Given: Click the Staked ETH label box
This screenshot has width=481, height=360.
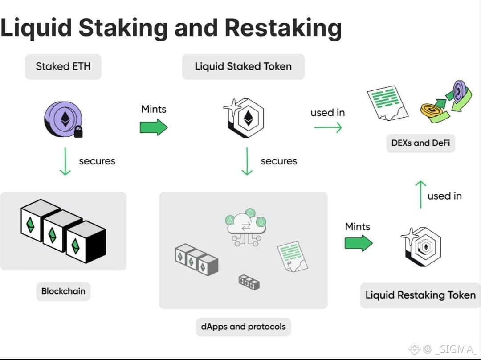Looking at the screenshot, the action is tap(63, 66).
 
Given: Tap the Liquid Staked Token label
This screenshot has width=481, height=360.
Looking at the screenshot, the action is tap(243, 66).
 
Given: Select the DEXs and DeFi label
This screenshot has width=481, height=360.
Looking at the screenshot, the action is tap(420, 143).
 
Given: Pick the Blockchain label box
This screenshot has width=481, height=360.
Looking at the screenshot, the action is tap(63, 291).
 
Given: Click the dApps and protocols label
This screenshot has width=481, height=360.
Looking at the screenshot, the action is tap(243, 327).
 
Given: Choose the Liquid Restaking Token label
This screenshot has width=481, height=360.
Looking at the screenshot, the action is tap(420, 295).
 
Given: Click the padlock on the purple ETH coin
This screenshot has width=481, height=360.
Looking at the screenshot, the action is tap(78, 132).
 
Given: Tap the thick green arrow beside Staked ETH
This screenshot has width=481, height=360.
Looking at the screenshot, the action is tap(154, 127).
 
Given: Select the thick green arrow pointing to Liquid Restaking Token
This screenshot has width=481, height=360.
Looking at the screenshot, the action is tap(359, 243).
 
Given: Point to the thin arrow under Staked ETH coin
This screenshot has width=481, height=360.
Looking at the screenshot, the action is tap(65, 161).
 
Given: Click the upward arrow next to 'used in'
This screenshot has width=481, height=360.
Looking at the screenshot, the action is tap(420, 195).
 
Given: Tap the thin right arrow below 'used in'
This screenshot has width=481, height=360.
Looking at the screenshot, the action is tap(328, 127).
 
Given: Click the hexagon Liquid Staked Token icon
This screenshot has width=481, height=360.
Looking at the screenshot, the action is tap(244, 118).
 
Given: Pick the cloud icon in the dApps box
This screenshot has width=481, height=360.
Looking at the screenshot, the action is tap(246, 227).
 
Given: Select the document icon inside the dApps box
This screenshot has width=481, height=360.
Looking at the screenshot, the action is tap(292, 257).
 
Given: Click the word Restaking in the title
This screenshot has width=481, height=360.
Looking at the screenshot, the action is tap(283, 28).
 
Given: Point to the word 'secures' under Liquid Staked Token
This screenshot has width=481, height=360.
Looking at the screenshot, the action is tap(279, 161).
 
